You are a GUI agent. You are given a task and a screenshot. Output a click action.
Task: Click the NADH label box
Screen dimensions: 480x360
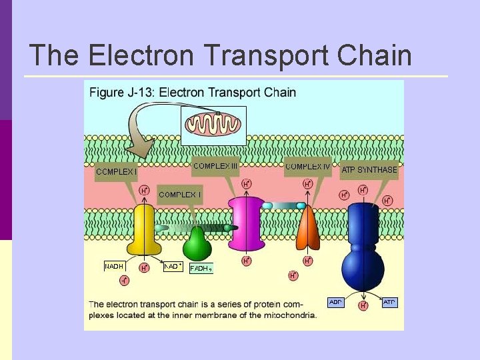coord(114,267)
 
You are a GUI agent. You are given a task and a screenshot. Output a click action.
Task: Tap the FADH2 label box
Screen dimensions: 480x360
coord(201,269)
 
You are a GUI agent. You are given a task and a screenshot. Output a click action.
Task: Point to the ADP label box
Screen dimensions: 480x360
coord(336,303)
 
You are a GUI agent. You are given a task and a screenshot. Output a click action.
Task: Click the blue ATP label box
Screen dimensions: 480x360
coord(389,303)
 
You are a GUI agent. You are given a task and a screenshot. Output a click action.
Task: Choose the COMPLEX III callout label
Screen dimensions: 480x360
coord(215,166)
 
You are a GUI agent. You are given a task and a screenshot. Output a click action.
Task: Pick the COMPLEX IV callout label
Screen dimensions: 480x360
coord(307,167)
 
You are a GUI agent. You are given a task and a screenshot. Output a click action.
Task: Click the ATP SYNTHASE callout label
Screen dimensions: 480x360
coord(369,170)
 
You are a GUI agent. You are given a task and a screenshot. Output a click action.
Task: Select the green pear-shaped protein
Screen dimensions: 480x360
coord(197,245)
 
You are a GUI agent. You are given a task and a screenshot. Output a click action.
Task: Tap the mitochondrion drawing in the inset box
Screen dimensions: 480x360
coord(214,124)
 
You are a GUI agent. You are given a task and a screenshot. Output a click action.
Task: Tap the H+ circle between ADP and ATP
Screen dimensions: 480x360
coord(363,306)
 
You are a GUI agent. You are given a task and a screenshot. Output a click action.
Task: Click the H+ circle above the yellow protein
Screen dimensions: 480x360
coord(144,191)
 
